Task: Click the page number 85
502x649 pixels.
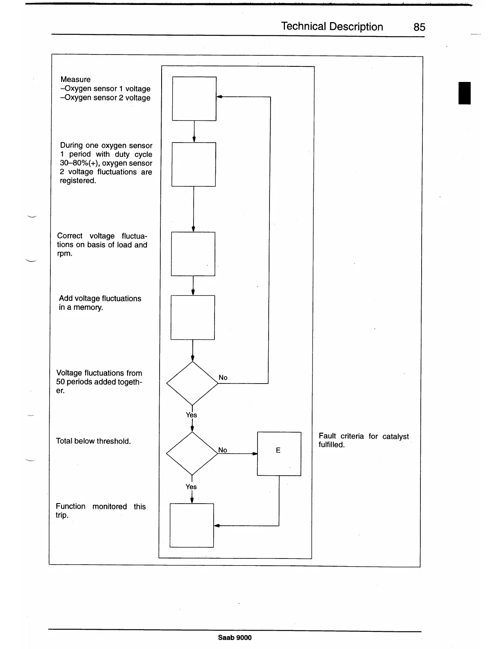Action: point(419,27)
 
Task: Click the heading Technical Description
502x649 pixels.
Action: point(332,27)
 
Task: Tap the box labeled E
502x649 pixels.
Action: point(279,454)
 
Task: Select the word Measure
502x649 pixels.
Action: point(75,79)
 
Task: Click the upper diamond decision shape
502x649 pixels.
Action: point(192,383)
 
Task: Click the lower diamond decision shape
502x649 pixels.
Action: point(192,454)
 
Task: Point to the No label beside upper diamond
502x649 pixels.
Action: point(223,377)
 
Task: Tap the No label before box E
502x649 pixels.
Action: point(222,450)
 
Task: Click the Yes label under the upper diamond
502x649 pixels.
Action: point(191,415)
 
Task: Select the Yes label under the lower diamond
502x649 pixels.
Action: point(191,487)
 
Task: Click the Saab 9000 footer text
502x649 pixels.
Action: point(235,638)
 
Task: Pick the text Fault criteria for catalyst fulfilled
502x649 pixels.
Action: point(363,440)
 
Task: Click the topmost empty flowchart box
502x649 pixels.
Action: point(194,99)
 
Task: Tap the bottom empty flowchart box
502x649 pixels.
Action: point(192,525)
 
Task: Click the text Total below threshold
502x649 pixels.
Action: point(93,441)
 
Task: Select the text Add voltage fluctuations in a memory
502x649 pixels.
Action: point(100,303)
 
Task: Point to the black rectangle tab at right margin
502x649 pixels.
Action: point(464,93)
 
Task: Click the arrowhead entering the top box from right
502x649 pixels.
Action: point(219,97)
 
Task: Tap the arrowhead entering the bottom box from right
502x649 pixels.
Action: point(217,526)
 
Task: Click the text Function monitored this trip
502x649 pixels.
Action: point(100,511)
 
